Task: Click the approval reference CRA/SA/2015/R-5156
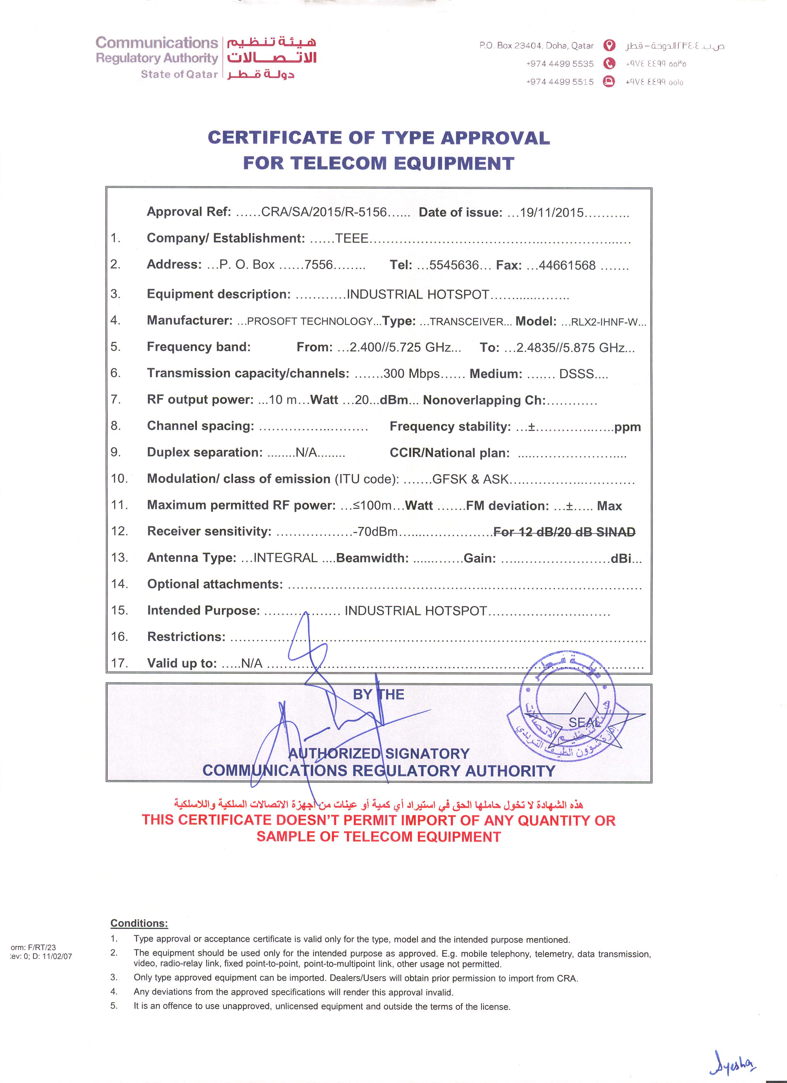tap(324, 212)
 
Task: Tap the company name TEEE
tap(352, 238)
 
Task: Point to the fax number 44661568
tap(567, 265)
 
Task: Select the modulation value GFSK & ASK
tap(470, 479)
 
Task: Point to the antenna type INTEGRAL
tap(285, 558)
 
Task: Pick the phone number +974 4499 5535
tap(560, 64)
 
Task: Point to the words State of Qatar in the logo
tap(179, 74)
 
